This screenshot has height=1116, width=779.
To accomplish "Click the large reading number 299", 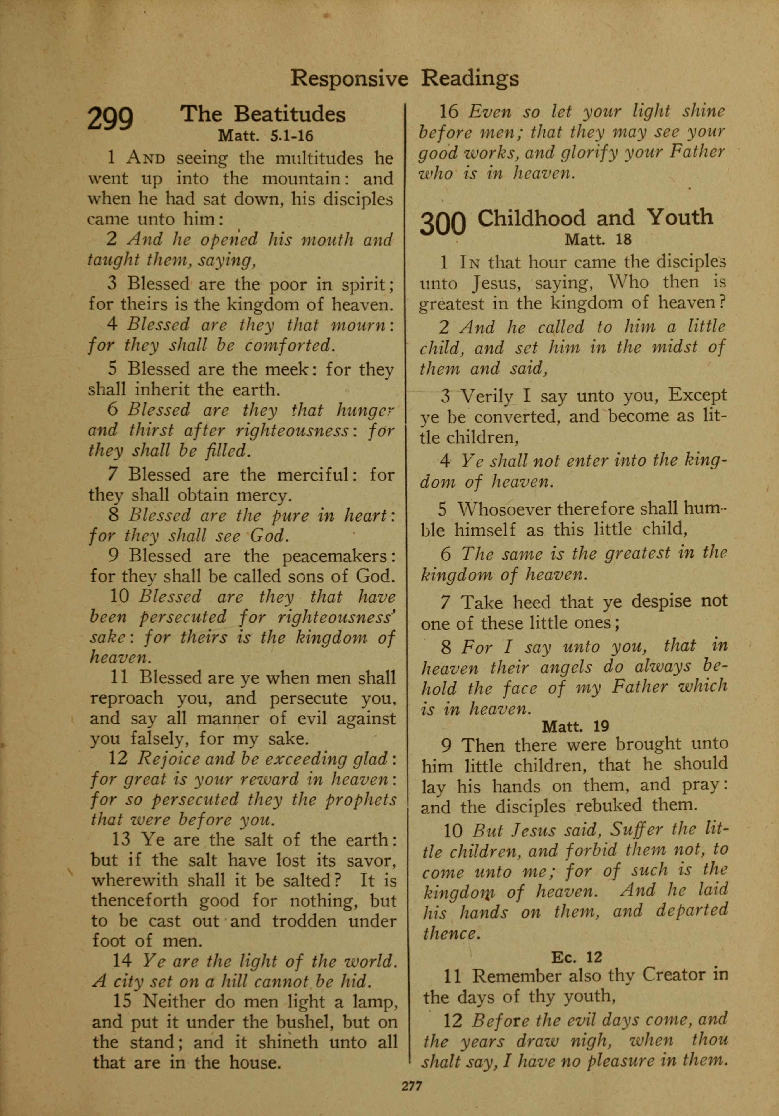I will point(110,119).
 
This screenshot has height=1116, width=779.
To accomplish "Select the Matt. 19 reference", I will point(575,727).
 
